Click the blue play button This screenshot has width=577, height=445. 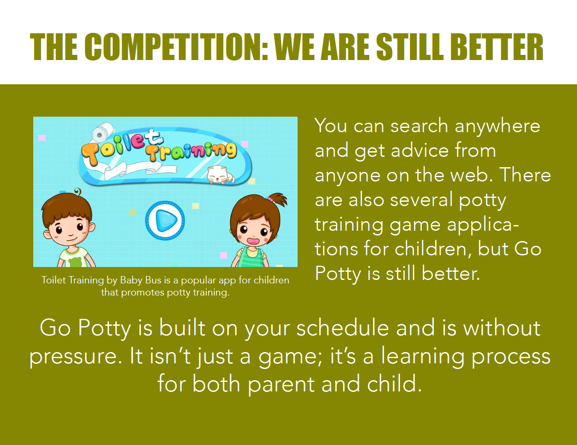coord(165,220)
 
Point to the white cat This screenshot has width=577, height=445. coord(221,175)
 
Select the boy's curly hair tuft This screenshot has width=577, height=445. coord(77,191)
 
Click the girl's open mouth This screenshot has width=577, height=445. coord(253,241)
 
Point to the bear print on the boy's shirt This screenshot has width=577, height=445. coord(75,261)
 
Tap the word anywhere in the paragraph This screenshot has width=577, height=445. coord(498,126)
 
